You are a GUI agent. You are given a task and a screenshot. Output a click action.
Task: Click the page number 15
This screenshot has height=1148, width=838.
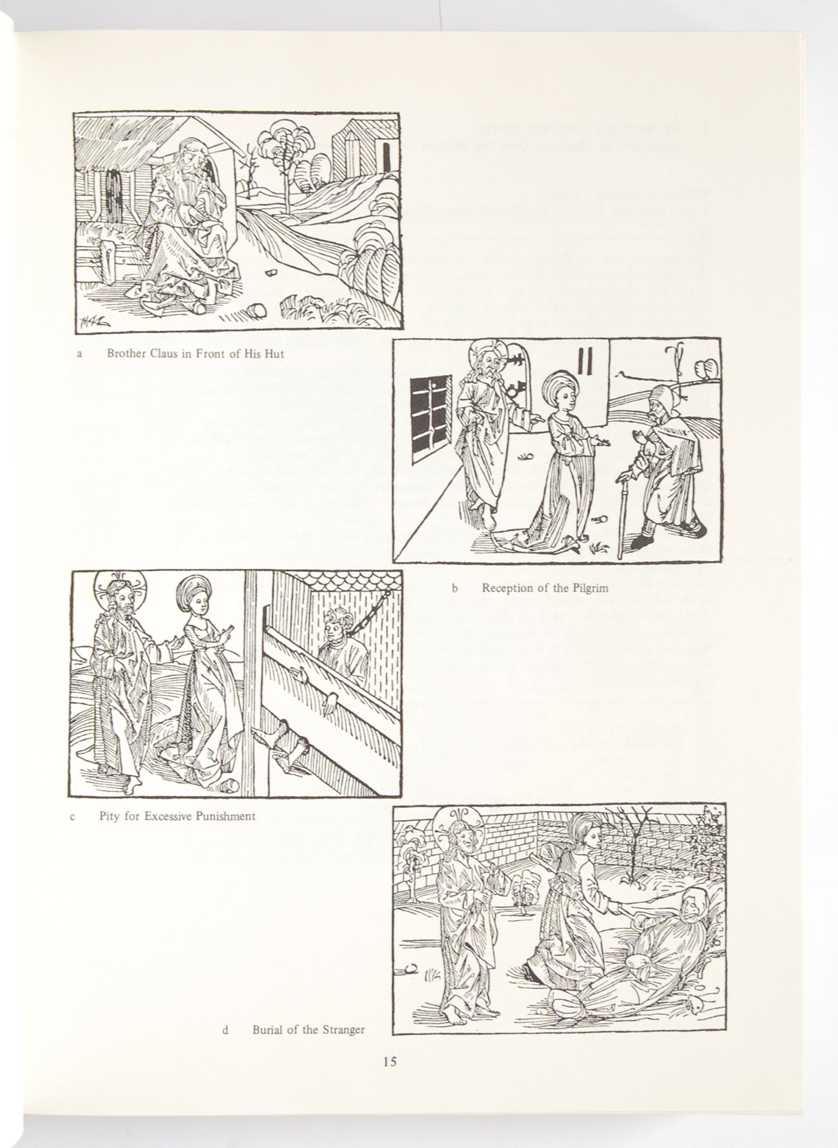pyautogui.click(x=390, y=1061)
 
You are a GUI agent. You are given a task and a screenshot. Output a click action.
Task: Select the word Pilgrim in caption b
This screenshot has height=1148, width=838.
pyautogui.click(x=589, y=587)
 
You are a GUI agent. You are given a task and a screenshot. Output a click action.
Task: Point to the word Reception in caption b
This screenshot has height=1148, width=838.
pyautogui.click(x=507, y=587)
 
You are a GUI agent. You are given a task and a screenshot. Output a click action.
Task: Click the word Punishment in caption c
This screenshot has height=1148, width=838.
pyautogui.click(x=223, y=816)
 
